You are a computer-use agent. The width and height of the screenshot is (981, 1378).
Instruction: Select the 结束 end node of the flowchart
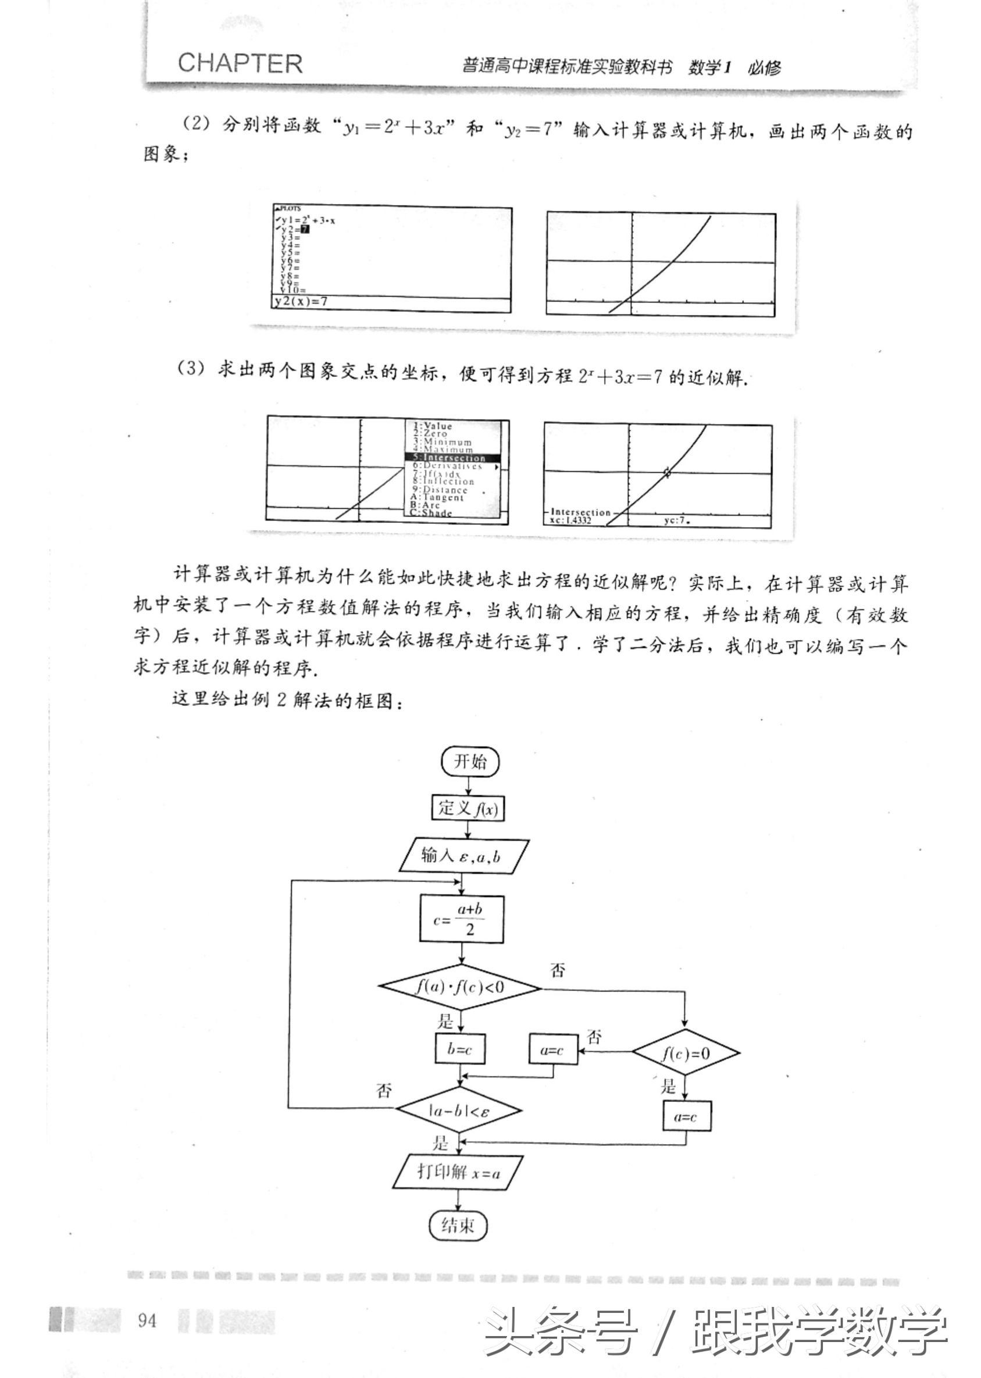click(458, 1225)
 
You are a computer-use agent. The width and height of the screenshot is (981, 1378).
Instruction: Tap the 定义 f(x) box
click(468, 808)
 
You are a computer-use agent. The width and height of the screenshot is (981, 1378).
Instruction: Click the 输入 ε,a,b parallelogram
click(463, 856)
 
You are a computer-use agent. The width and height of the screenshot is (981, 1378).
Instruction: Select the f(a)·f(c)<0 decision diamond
click(460, 987)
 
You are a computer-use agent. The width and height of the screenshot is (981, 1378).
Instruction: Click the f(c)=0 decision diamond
click(686, 1054)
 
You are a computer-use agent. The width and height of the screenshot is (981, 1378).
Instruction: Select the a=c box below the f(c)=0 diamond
click(686, 1117)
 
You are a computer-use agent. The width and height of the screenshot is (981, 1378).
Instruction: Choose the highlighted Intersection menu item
click(454, 458)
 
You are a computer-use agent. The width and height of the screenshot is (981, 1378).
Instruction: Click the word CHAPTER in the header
click(240, 63)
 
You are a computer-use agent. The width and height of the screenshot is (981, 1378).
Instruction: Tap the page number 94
click(147, 1321)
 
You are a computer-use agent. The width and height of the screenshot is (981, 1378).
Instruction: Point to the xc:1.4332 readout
click(571, 520)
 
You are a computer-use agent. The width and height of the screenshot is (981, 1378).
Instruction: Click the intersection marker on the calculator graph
click(667, 472)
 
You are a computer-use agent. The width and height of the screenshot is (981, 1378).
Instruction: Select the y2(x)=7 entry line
click(301, 301)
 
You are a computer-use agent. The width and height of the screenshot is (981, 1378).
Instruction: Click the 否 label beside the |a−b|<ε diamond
click(384, 1091)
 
